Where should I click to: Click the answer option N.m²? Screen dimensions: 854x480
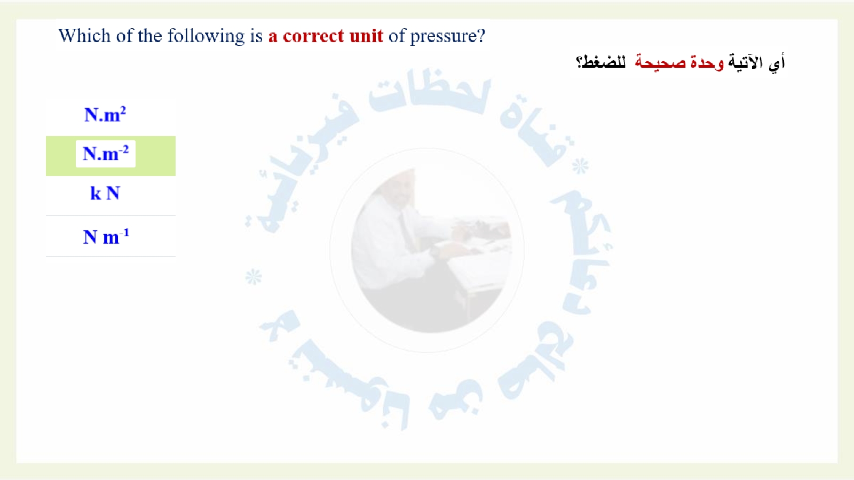[105, 114]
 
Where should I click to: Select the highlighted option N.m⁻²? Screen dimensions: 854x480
[106, 154]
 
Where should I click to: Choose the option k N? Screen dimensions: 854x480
[105, 193]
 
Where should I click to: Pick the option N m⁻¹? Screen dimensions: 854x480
[106, 237]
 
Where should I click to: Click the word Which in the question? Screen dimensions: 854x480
[84, 36]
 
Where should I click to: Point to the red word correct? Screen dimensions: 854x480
[313, 36]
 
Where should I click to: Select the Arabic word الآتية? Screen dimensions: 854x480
[747, 62]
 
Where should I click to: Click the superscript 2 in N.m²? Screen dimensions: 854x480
[123, 110]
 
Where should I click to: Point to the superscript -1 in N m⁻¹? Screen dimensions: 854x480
[124, 233]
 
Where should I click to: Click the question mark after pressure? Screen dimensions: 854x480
[481, 36]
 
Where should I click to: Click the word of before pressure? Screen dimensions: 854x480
[397, 36]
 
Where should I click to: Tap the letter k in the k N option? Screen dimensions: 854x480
[96, 193]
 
